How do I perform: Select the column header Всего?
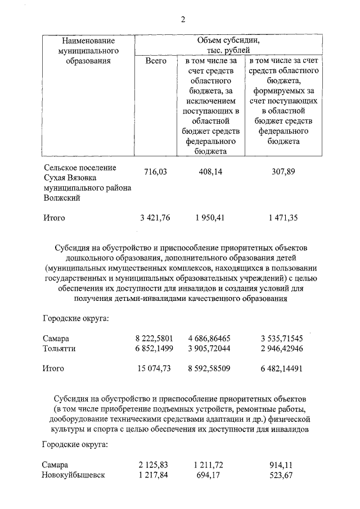(155, 61)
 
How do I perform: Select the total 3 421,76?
(154, 218)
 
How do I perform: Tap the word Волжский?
(61, 198)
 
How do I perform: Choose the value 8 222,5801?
(154, 339)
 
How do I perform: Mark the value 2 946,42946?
(282, 349)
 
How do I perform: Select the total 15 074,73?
(154, 368)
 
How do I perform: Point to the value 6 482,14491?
(282, 368)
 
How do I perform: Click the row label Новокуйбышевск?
(74, 475)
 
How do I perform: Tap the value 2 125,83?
(154, 465)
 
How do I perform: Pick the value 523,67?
(282, 475)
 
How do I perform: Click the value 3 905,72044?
(209, 349)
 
